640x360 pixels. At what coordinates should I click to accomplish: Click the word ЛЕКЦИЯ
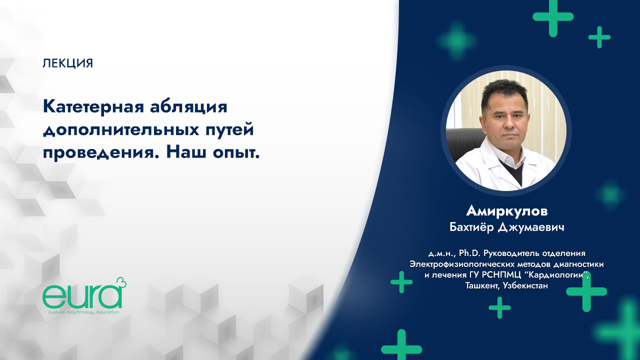[68, 63]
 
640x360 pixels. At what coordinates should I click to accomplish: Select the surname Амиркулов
[507, 210]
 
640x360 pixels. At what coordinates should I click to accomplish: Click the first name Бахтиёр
[473, 227]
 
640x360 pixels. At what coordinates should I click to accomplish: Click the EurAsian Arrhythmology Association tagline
[81, 311]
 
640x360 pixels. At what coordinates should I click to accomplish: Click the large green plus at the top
[552, 16]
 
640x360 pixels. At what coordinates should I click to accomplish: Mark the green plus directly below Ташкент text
[499, 307]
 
